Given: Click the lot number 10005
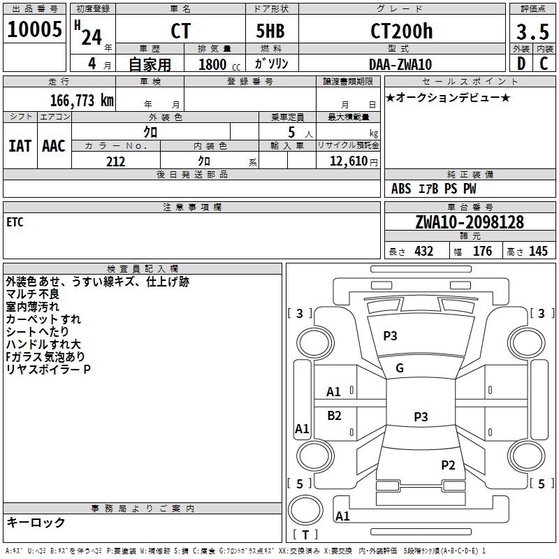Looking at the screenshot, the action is click(x=35, y=29).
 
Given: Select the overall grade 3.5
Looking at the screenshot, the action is click(x=531, y=31).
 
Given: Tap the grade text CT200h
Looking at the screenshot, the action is click(x=402, y=31).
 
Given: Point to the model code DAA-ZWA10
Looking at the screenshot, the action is click(x=400, y=64).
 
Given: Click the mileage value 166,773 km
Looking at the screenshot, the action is click(x=82, y=100).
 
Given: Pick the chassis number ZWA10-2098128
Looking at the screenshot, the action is click(x=470, y=222).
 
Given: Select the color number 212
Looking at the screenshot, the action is click(x=115, y=161).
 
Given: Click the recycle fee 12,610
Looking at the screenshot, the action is click(x=347, y=161).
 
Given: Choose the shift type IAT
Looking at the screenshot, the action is click(x=20, y=145).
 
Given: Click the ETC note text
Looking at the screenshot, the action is click(x=15, y=222).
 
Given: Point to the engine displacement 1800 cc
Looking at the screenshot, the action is click(x=217, y=65).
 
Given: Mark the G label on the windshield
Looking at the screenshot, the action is click(x=400, y=368).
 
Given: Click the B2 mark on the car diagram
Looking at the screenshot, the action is click(x=335, y=416).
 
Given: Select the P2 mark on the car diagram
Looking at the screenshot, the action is click(x=448, y=465).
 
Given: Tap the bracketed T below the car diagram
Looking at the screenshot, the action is click(x=305, y=535).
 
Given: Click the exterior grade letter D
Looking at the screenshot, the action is click(x=521, y=64).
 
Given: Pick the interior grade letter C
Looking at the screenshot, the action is click(x=544, y=64).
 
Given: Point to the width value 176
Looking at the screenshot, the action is click(x=483, y=252).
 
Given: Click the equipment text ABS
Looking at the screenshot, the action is click(x=401, y=189).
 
